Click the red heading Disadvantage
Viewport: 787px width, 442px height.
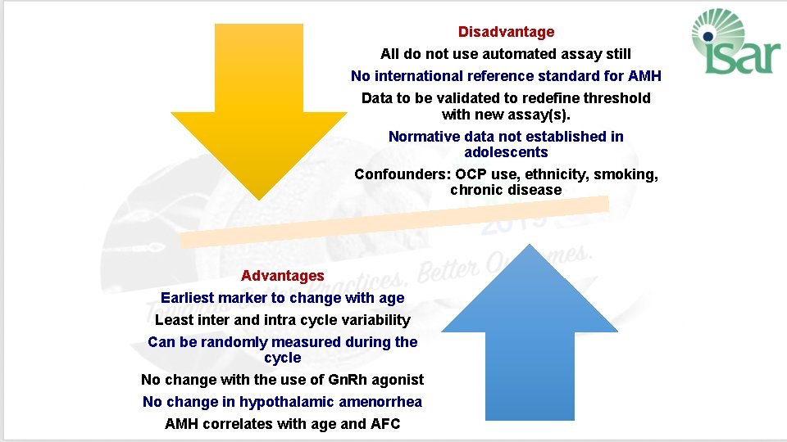[506, 32]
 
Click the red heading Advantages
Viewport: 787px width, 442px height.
[282, 276]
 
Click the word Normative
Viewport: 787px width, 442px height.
[424, 137]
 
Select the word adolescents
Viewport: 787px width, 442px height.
[506, 152]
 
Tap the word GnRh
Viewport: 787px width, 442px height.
[348, 380]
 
